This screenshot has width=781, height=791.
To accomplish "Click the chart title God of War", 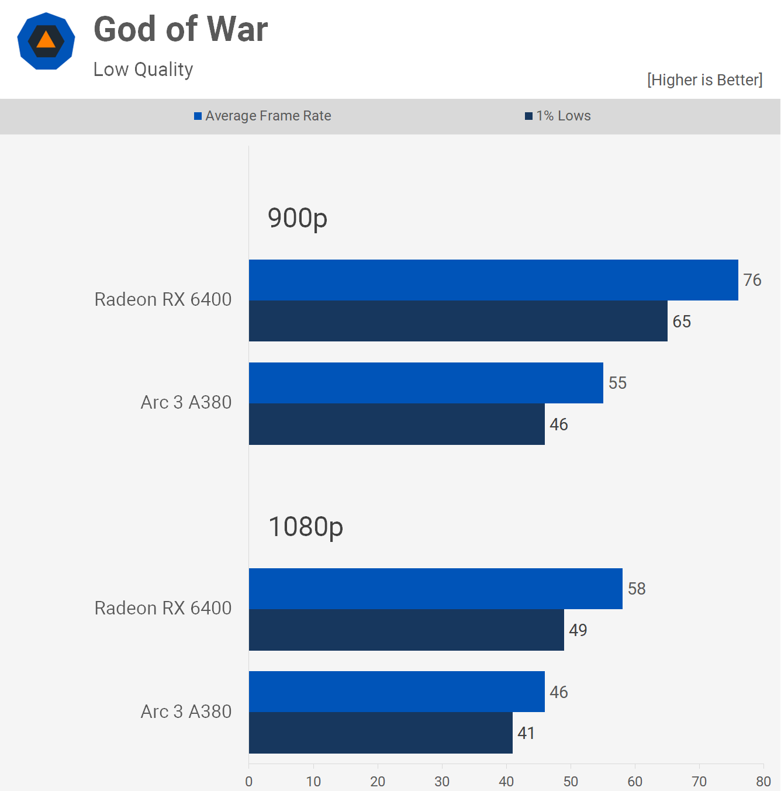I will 181,29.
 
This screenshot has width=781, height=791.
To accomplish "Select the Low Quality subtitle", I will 143,70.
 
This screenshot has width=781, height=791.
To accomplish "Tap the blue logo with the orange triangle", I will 46,41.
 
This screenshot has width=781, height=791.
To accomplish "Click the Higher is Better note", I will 704,80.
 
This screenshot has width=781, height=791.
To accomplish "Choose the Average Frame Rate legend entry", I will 262,116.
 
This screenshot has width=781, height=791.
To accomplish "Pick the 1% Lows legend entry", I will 558,116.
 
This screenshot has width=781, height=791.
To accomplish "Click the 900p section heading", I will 297,218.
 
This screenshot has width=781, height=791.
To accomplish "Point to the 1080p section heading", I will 305,527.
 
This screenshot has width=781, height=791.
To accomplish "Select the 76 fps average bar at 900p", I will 493,280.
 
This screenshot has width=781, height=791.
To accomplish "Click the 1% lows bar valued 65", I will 458,321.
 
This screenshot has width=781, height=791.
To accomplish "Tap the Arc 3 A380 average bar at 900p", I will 426,383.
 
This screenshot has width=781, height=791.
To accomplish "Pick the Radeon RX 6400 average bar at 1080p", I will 436,589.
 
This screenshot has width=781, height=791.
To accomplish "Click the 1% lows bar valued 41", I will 381,733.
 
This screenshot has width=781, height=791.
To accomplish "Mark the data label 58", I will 637,589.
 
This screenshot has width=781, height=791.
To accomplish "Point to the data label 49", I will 578,630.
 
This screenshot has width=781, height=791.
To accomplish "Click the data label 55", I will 617,383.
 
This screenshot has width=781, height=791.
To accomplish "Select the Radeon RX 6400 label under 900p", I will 163,299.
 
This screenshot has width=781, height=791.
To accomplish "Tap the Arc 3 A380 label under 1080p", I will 186,711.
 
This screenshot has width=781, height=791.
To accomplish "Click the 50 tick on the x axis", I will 571,782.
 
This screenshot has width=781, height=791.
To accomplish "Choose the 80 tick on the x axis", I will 763,782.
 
